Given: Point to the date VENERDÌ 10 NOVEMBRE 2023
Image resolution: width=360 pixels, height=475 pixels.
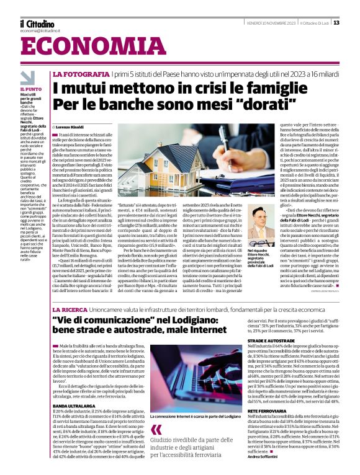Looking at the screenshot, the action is click(267, 24).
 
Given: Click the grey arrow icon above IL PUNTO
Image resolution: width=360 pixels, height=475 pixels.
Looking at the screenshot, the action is click(27, 77).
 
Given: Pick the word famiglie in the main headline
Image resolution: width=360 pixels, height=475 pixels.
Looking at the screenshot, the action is click(263, 88).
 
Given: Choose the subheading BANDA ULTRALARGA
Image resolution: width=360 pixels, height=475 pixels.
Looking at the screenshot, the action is click(75, 388).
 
